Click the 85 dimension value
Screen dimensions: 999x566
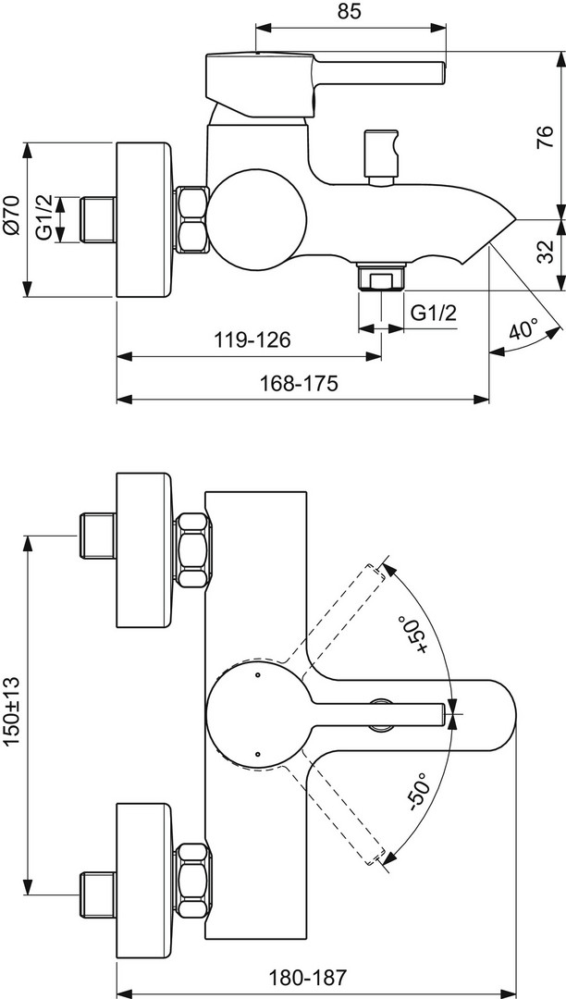(x=348, y=12)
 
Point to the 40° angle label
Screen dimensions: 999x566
(x=523, y=330)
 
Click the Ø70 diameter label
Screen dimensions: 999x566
(x=11, y=218)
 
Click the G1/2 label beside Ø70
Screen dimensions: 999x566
(x=44, y=218)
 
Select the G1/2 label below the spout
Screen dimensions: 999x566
(x=434, y=313)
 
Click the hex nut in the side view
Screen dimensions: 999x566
(x=191, y=219)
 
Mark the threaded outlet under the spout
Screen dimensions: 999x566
(x=380, y=277)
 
